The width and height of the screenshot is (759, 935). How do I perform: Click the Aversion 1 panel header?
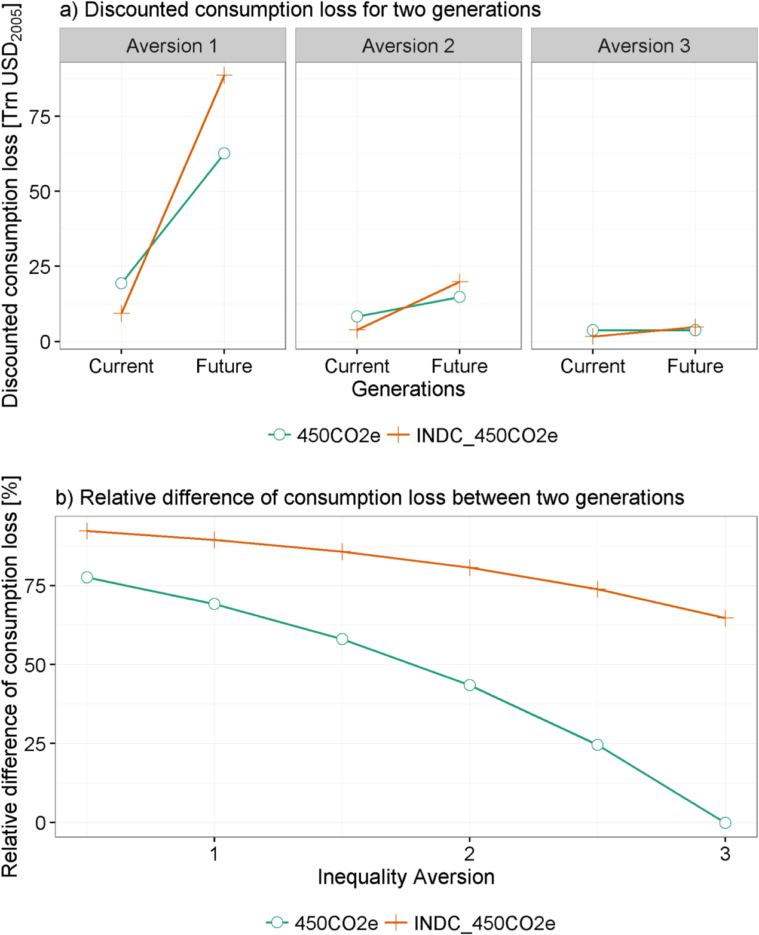point(172,46)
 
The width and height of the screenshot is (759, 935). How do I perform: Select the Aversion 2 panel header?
point(408,46)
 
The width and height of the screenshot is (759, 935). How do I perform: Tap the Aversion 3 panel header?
point(644,46)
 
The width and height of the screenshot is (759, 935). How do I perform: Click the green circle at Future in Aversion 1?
point(224,154)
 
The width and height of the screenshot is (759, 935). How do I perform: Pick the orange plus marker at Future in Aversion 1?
point(224,75)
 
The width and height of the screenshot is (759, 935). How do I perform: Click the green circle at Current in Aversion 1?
point(121,283)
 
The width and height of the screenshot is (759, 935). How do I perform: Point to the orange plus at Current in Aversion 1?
point(121,313)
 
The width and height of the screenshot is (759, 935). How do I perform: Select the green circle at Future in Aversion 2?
point(460,297)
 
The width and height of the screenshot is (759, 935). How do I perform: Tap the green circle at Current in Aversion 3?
point(592,331)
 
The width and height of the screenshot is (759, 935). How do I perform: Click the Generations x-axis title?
point(408,389)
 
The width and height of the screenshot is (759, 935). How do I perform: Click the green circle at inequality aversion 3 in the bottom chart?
point(725,823)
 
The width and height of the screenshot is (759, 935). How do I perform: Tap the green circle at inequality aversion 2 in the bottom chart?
point(470,685)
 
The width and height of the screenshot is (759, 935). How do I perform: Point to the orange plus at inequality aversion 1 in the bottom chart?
point(215,540)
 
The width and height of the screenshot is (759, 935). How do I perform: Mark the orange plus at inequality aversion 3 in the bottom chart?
point(725,618)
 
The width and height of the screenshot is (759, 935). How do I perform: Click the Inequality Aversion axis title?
point(406,877)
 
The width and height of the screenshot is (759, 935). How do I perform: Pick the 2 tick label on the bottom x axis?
point(470,854)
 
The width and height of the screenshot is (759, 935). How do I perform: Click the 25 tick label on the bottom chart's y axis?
point(35,744)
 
